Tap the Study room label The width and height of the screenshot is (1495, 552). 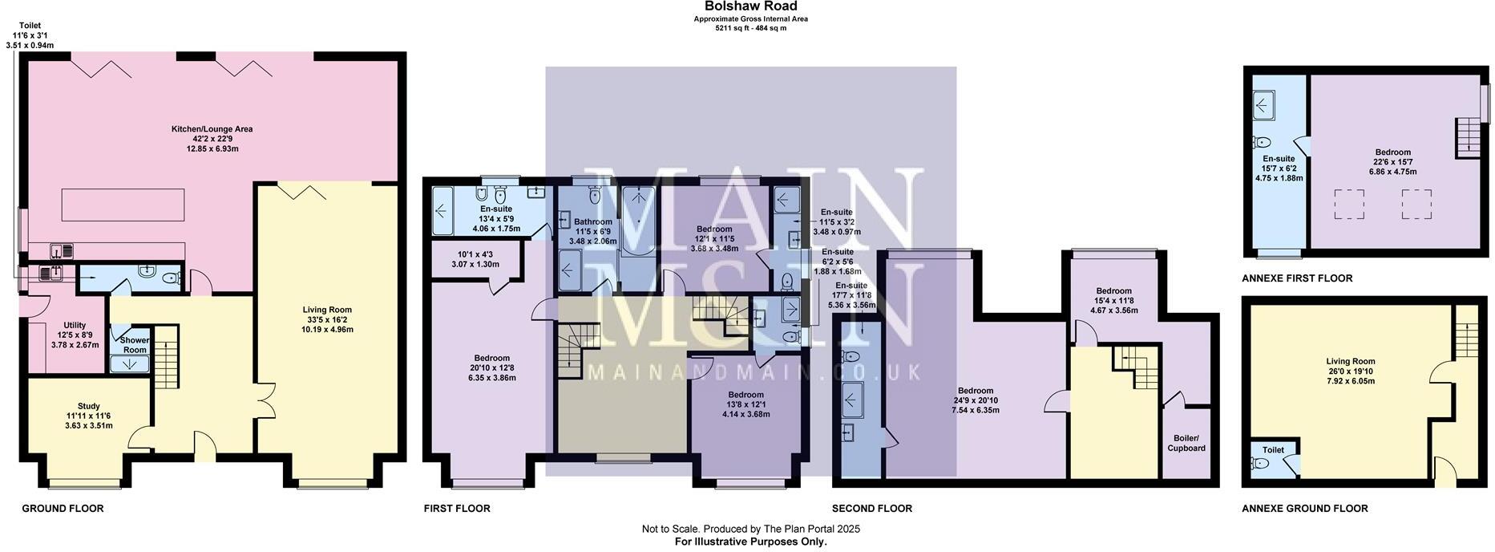[x=89, y=406]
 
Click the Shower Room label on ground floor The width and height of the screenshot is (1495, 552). [x=135, y=345]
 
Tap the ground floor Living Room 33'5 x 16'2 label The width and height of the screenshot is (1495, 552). [x=327, y=310]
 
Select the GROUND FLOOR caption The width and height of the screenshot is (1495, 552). [x=63, y=509]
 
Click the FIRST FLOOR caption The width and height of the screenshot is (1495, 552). [x=456, y=509]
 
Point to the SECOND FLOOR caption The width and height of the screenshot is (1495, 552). [x=871, y=509]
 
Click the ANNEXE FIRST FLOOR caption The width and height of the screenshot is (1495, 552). [x=1296, y=278]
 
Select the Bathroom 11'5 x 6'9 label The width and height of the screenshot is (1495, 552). [x=593, y=222]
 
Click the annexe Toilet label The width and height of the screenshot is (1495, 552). [x=1273, y=450]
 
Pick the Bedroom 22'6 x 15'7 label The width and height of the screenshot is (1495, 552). [x=1392, y=152]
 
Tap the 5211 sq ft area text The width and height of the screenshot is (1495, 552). [x=750, y=28]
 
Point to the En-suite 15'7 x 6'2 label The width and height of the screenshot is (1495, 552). [x=1279, y=159]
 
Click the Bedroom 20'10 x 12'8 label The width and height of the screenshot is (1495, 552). [x=491, y=359]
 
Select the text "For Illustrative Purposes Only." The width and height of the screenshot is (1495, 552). [x=750, y=542]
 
